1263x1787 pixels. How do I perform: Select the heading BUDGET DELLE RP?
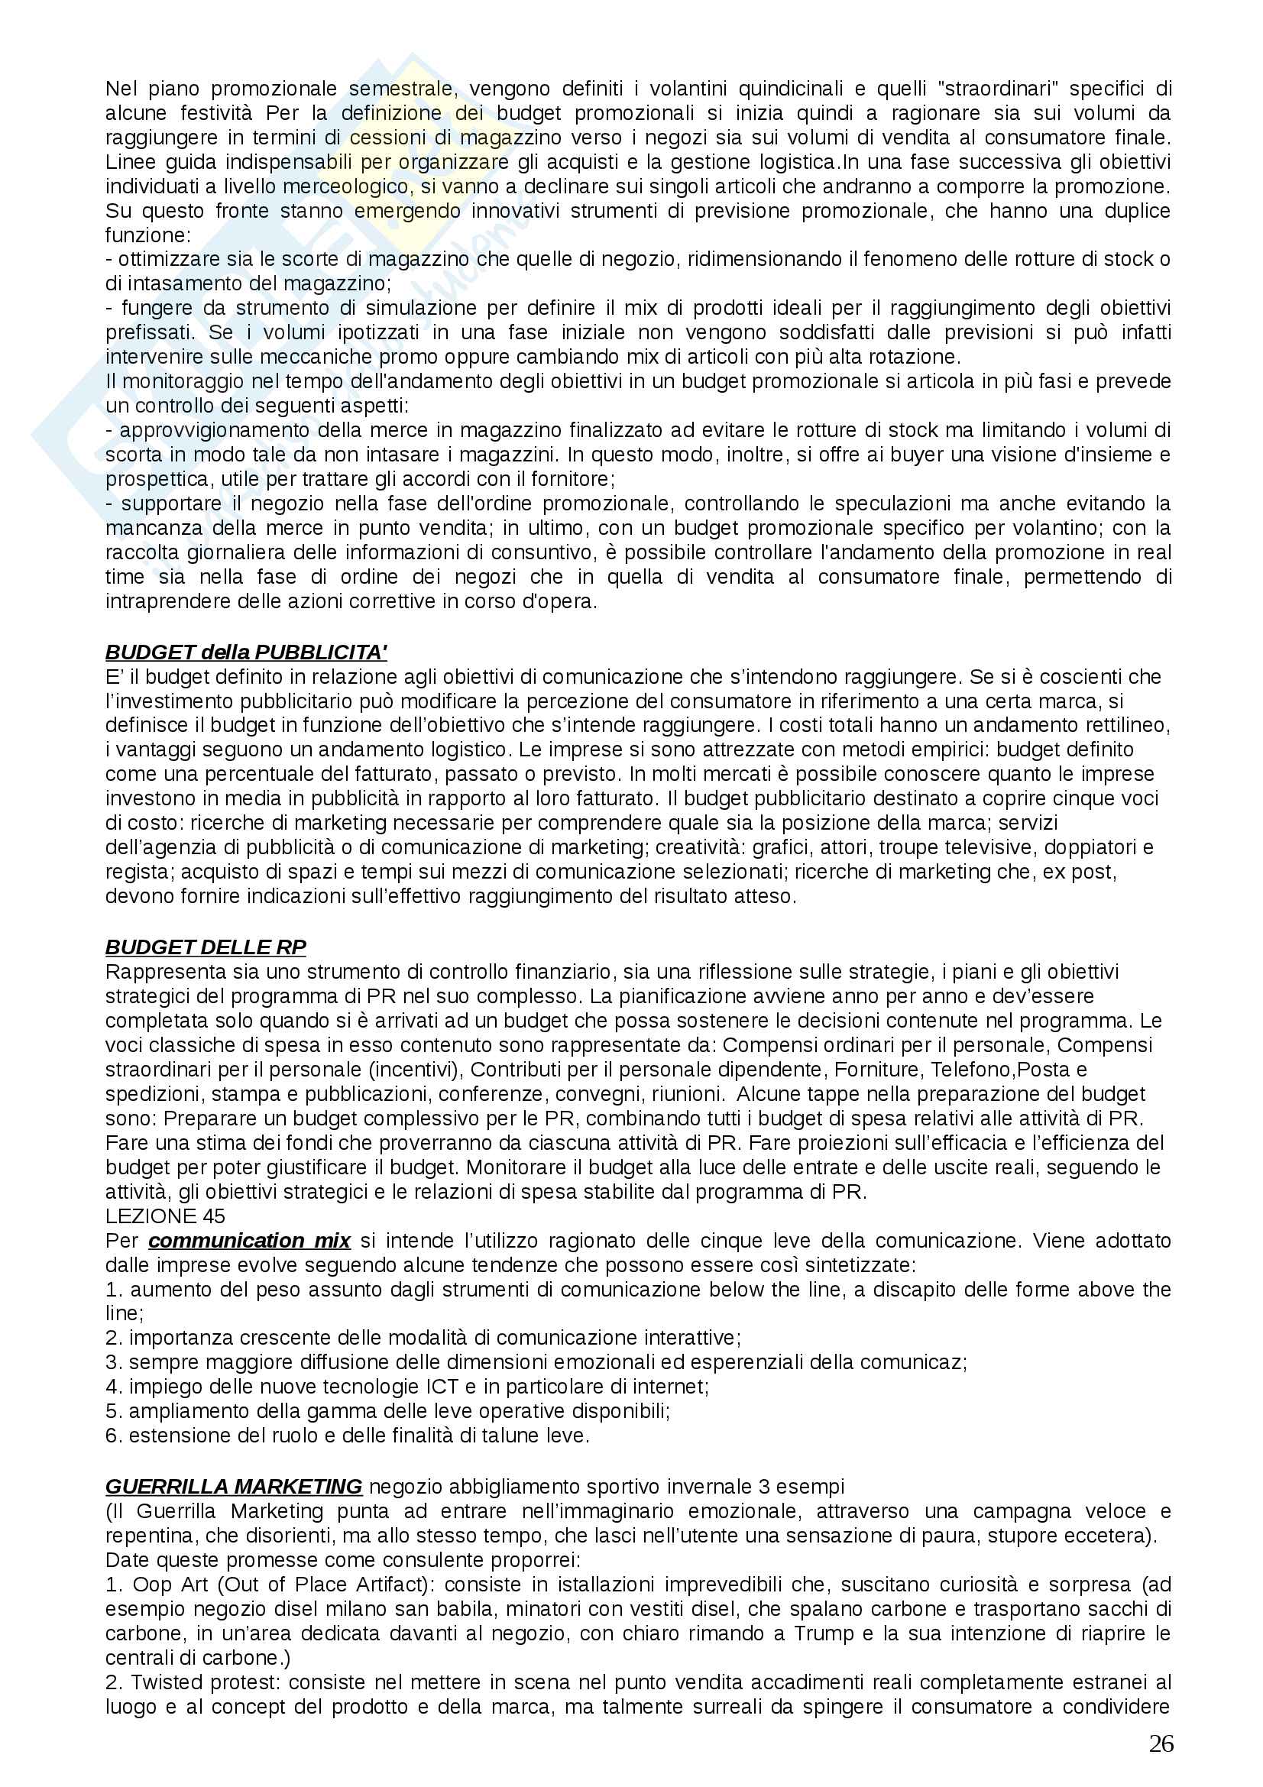(206, 947)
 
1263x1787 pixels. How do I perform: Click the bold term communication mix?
(250, 1241)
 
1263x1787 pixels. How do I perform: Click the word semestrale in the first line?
(400, 89)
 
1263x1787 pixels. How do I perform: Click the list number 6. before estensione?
(115, 1436)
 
